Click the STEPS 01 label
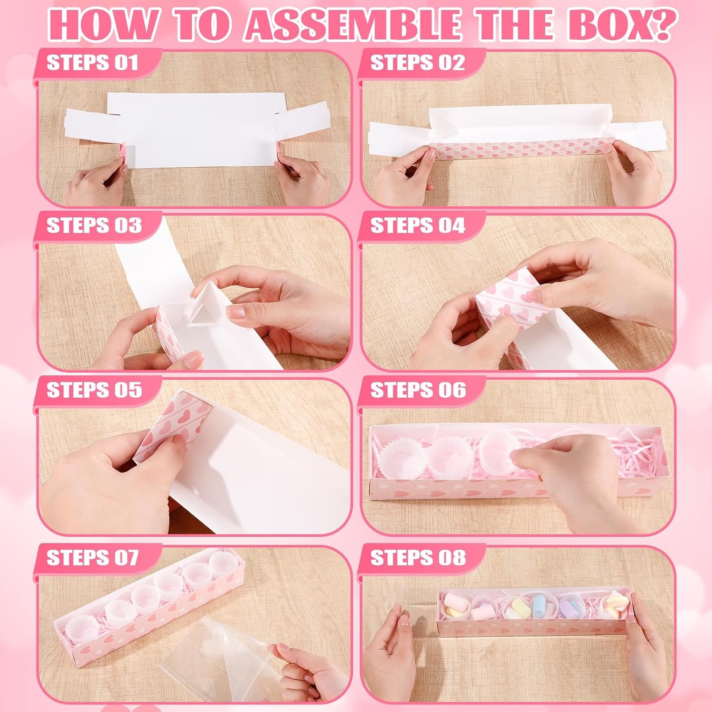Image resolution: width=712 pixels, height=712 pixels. click(92, 63)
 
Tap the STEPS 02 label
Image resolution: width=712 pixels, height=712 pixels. click(417, 63)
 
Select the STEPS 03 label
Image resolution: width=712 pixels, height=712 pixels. click(94, 225)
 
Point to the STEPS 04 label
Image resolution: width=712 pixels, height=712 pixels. click(418, 225)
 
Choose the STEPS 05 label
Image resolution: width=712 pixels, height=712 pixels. click(94, 390)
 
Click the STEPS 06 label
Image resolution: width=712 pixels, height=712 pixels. click(418, 390)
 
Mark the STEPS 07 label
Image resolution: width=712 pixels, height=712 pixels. click(92, 558)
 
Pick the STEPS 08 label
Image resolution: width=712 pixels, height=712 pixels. click(418, 558)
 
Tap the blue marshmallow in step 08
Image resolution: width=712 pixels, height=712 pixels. click(540, 605)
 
